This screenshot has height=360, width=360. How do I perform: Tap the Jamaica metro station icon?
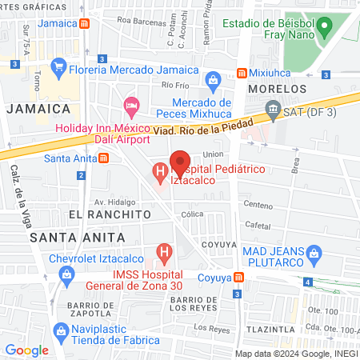point(85,23)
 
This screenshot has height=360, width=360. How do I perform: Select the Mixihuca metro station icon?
point(241,73)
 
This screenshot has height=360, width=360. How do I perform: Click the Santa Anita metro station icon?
point(104,158)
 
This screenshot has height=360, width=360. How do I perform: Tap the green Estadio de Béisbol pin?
point(323,29)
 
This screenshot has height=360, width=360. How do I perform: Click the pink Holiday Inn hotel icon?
point(131,106)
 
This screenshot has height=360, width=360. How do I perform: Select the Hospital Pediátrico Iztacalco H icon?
point(159,170)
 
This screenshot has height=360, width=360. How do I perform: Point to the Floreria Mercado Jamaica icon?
point(57,66)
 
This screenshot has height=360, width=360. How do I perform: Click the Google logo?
point(26,350)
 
